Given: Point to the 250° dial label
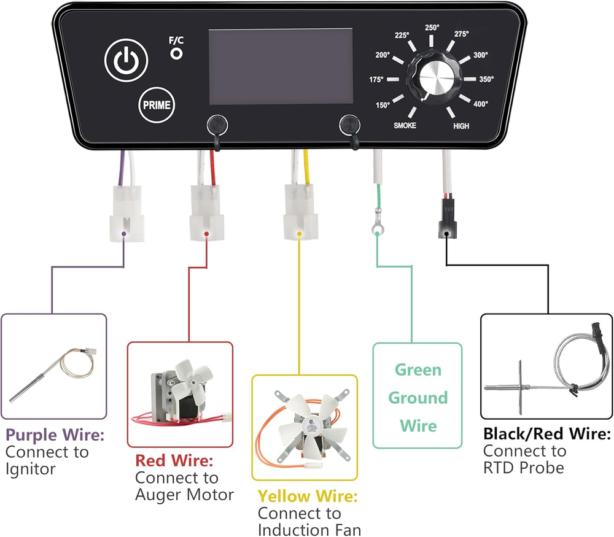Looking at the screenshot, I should coord(433,27).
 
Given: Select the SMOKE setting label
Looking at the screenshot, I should coord(405,125).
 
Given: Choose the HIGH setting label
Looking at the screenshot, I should coord(462,125).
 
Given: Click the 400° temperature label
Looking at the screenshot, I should coord(480,104).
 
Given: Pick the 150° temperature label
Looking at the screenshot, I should coord(383,105).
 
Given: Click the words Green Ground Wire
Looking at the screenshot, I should coord(418,398).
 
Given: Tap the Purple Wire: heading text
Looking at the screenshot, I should coord(55,436).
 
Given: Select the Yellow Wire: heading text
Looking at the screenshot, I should coord(308,496).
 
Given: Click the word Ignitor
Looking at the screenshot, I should coord(31,469).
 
